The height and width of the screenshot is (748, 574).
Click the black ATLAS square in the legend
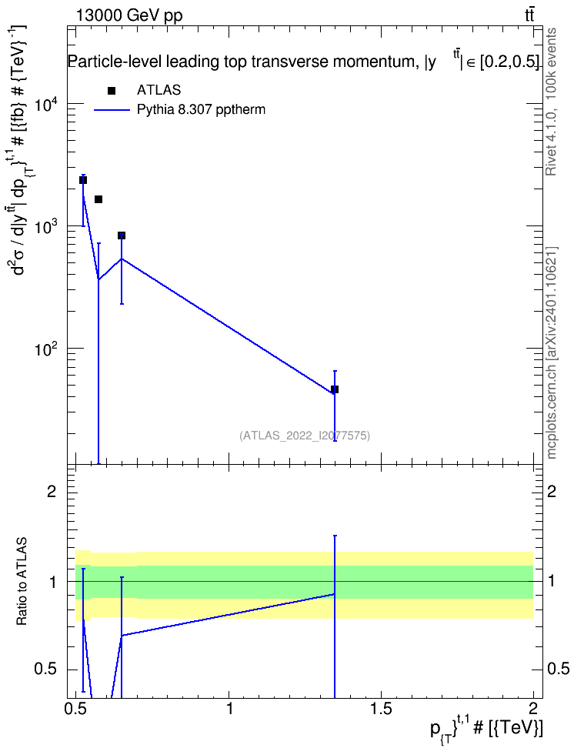112,91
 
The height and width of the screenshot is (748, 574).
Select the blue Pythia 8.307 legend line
112,110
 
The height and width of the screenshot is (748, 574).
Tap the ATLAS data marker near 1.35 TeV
335,389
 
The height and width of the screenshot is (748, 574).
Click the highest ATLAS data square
83,180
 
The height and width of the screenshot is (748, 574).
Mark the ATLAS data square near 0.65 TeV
122,235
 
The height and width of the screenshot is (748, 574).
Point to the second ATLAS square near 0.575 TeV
98,199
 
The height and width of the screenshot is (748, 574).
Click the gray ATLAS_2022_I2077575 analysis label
305,435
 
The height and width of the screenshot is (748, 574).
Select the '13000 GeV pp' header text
129,15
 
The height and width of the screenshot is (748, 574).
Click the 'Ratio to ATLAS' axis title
22,582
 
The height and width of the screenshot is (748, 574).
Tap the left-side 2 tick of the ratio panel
52,491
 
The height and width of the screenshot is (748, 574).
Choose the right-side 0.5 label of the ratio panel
559,669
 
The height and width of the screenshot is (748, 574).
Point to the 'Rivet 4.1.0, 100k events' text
551,102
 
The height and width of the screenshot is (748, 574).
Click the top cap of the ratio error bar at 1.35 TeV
335,536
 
